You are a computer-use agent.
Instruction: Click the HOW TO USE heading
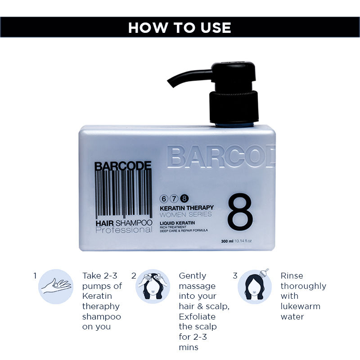[180, 27]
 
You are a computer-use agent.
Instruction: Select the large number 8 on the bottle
[240, 212]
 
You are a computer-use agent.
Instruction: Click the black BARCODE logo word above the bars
[123, 166]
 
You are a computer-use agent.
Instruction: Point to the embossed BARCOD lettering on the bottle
[220, 156]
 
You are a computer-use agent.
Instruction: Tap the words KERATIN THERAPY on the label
[187, 207]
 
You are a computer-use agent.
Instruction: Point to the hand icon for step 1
[56, 286]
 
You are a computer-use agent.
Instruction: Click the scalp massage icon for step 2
[153, 286]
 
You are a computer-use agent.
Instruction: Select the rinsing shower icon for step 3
[255, 286]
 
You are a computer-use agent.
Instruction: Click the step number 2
[134, 275]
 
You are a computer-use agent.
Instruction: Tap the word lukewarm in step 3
[301, 306]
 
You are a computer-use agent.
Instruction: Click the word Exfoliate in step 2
[198, 316]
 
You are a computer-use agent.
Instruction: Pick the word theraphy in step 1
[101, 306]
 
